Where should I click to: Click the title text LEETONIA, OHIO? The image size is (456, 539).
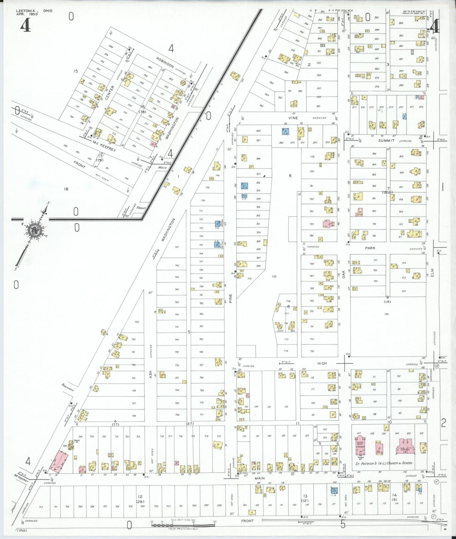tap(34, 11)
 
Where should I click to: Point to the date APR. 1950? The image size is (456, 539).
tap(27, 14)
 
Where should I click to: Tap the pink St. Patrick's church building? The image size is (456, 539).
tap(360, 445)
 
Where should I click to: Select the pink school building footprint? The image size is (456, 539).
tap(405, 446)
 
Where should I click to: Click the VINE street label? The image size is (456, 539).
tap(293, 118)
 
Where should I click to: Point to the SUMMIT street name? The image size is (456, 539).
tap(386, 141)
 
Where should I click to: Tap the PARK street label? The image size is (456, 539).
tap(370, 248)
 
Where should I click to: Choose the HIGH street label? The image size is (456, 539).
tap(322, 363)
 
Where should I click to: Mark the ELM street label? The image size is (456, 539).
tap(432, 272)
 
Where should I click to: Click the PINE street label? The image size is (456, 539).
tap(231, 298)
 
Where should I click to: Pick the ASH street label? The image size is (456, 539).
tap(151, 374)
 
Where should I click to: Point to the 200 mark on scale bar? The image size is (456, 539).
tap(215, 522)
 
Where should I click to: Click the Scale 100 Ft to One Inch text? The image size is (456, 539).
tap(183, 520)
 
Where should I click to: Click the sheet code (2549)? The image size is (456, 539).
tap(22, 530)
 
